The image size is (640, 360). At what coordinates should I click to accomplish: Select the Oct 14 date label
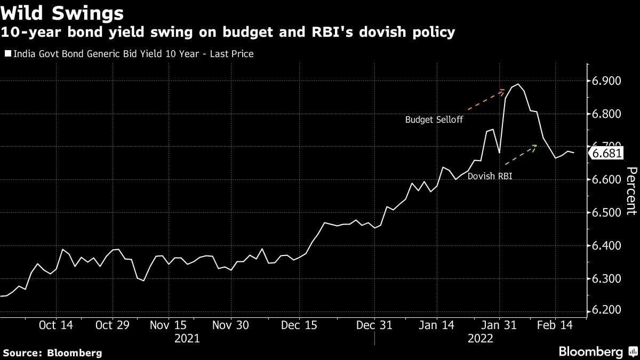pos(55,325)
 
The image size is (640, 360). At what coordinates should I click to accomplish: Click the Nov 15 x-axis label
pos(168,325)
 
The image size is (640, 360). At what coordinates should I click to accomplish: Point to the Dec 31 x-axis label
pos(374,325)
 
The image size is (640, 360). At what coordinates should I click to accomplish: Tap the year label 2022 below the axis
pos(481,339)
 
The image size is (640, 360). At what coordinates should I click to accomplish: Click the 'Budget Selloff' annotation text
pos(434,120)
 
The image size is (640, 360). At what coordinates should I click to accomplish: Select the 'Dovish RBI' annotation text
pos(490,175)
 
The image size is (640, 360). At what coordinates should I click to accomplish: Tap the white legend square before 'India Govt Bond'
pos(7,54)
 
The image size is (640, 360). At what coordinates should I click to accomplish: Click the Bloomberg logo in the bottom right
pos(597,351)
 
